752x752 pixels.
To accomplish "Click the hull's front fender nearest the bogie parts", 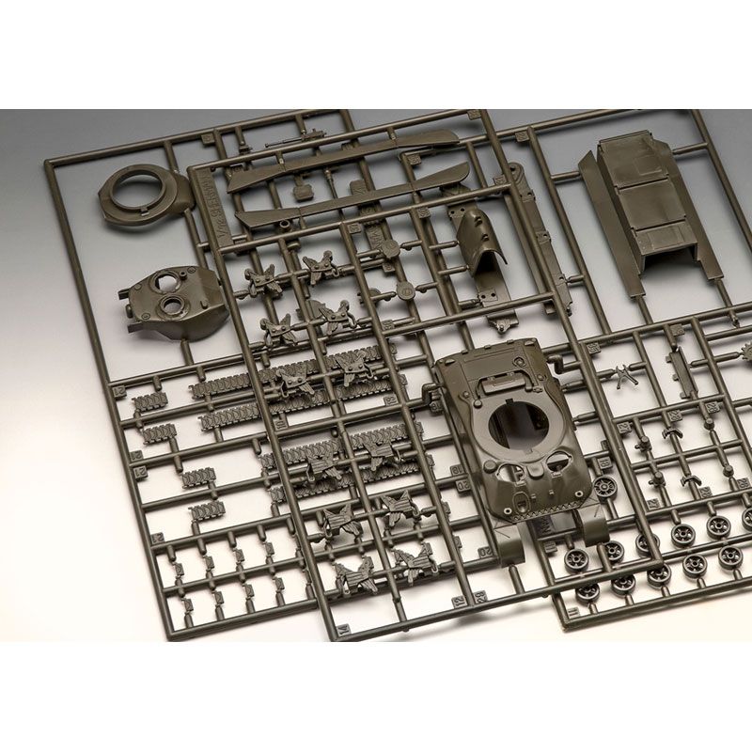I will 509,546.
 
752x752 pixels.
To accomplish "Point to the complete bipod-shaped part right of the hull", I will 621,376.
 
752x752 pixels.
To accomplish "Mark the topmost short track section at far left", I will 149,401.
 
